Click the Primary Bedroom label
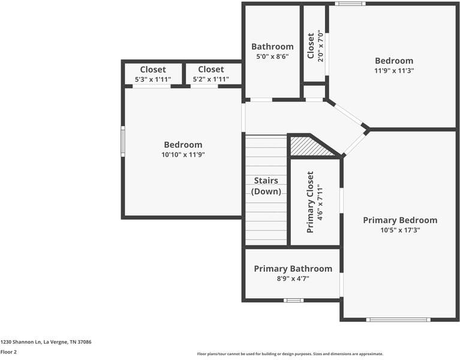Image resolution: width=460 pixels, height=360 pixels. click(400, 220)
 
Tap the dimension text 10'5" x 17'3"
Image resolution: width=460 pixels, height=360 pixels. click(400, 230)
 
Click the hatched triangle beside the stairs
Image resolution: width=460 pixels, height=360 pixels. click(309, 147)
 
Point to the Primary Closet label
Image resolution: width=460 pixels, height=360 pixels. click(310, 202)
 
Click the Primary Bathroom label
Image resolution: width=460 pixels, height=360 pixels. click(293, 269)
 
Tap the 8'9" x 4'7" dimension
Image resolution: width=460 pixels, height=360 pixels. click(293, 278)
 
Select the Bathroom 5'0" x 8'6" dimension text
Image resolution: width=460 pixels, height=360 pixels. click(272, 57)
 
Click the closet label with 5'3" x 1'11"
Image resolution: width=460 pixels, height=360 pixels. click(153, 70)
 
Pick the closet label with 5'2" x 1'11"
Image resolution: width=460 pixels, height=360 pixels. click(211, 70)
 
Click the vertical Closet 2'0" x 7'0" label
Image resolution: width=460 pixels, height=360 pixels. click(311, 46)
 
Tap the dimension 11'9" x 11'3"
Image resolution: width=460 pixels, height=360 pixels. click(394, 70)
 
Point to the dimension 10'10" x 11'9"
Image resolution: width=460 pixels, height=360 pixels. click(183, 155)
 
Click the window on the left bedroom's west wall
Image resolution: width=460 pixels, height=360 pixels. click(123, 141)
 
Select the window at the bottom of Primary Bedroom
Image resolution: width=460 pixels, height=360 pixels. click(398, 319)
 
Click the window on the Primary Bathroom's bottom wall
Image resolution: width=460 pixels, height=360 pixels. click(293, 300)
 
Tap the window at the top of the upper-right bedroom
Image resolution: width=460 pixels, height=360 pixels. click(350, 4)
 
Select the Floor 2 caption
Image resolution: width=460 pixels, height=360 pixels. click(8, 352)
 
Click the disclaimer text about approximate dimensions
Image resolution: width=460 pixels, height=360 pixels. click(290, 354)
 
